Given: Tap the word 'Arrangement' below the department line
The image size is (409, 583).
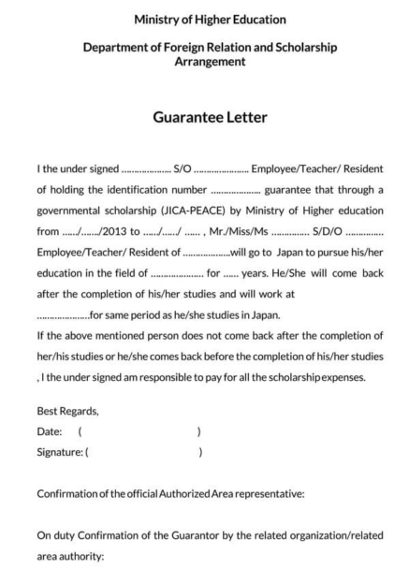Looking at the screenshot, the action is click(x=210, y=62).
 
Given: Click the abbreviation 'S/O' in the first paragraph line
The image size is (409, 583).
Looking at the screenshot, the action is click(x=183, y=169).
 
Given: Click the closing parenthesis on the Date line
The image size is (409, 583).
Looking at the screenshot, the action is click(x=199, y=431).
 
